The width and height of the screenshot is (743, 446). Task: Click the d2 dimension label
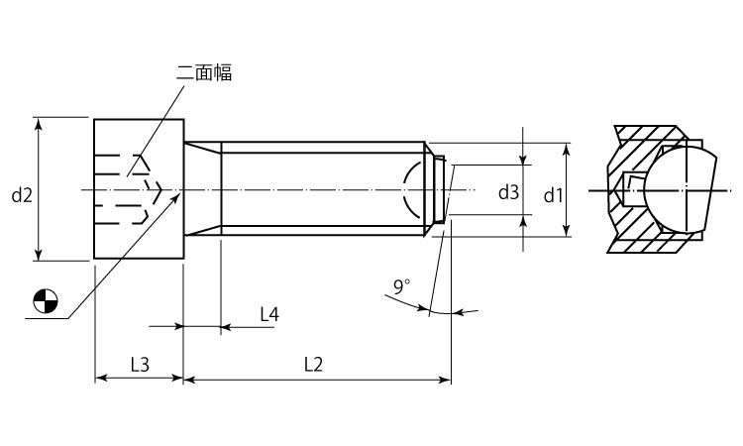[22, 195]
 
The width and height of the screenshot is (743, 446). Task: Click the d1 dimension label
[554, 195]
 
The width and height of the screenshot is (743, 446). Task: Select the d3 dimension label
[508, 192]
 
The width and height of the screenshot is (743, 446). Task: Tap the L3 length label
[139, 365]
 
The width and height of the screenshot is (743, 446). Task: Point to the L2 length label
[313, 365]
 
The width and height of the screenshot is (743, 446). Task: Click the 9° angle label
[401, 286]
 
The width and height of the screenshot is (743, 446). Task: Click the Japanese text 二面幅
[204, 73]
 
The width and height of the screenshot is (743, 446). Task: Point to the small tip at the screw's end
[440, 188]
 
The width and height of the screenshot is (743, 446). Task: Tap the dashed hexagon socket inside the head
[124, 189]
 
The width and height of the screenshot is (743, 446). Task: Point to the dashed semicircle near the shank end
[408, 188]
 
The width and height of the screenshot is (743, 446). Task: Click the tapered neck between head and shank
[202, 188]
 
